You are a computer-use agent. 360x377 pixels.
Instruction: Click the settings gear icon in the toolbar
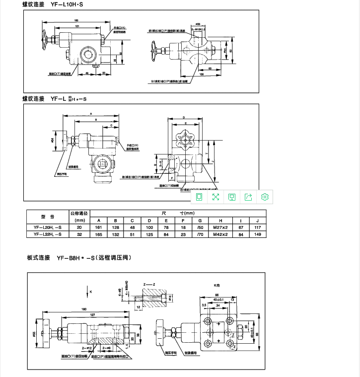[265, 197]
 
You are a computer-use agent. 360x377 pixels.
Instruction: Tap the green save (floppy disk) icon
[232, 197]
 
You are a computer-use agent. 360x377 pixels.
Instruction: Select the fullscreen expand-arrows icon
[216, 197]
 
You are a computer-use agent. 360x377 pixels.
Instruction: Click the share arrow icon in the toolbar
[249, 197]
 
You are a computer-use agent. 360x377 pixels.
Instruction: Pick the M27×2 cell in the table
[219, 227]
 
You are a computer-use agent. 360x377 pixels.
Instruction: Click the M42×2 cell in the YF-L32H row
[219, 234]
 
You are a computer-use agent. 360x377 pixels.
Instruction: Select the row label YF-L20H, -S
[48, 227]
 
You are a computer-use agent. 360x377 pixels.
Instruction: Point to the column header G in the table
[200, 221]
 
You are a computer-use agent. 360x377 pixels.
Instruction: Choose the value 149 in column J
[257, 234]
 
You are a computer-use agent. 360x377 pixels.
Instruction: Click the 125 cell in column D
[149, 234]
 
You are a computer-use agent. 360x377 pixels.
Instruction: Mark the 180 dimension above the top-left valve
[76, 20]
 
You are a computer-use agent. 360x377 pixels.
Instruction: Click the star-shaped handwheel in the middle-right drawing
[185, 140]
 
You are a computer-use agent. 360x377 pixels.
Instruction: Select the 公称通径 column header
[78, 213]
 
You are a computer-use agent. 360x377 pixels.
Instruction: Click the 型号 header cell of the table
[48, 217]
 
